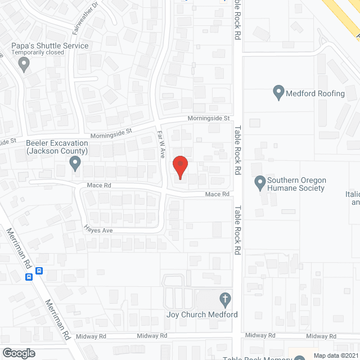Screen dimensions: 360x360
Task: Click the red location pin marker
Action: pos(179,167)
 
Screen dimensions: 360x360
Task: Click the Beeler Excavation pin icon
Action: pos(75,164)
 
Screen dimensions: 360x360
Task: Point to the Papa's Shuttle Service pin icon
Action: pos(24,65)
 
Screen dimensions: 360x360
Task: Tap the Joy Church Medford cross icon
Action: pos(224,299)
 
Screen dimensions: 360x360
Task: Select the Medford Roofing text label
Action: pos(315,93)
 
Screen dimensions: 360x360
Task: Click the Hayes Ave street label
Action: pos(99,229)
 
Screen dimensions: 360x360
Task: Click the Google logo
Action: pos(18,353)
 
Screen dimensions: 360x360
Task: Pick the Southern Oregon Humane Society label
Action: pos(296,184)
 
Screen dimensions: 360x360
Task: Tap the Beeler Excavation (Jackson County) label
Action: pos(57,147)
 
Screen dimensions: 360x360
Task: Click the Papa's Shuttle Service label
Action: pos(51,46)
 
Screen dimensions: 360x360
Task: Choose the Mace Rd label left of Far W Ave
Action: pos(99,184)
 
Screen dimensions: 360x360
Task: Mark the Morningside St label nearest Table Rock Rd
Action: pos(209,119)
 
